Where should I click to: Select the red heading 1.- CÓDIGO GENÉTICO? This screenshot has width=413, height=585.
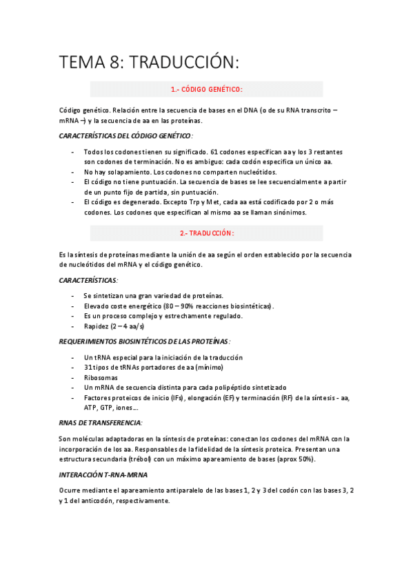click(206, 89)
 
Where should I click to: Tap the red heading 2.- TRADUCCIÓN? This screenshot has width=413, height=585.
click(206, 233)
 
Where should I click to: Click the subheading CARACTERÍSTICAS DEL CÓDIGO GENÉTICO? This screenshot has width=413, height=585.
click(125, 136)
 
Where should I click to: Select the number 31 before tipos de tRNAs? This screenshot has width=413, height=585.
click(88, 367)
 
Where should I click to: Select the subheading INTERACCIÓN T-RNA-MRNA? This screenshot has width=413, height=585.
click(103, 475)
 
